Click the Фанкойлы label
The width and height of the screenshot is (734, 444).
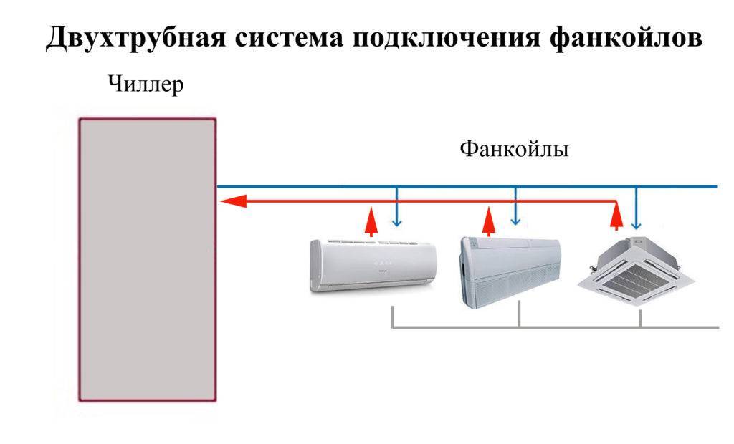[x=513, y=150]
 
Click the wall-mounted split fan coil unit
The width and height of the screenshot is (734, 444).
[x=373, y=265]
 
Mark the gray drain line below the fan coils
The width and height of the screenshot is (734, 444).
[x=556, y=327]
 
